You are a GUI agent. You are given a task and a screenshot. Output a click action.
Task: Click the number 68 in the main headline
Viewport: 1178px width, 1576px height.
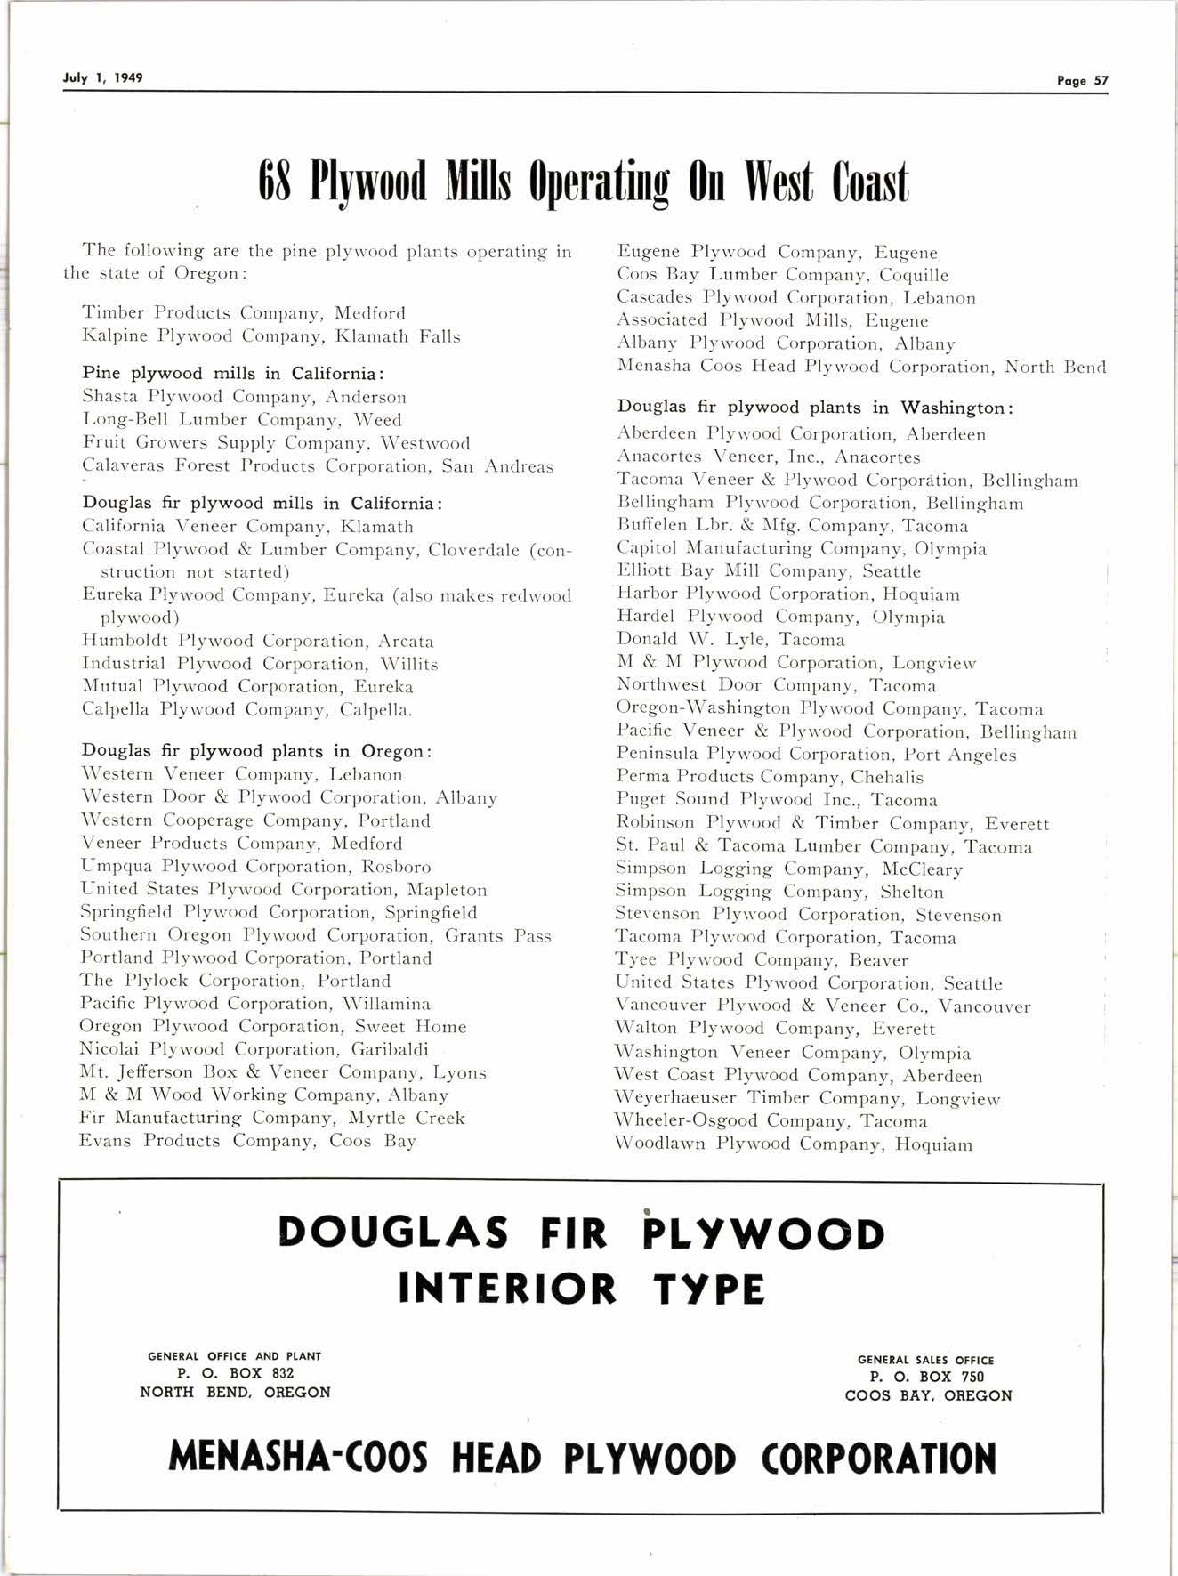click(275, 182)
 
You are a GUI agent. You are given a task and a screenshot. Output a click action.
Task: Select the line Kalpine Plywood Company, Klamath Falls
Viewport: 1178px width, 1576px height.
click(270, 336)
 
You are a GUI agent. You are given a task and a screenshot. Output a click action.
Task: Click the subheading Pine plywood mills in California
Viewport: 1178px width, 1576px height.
click(233, 373)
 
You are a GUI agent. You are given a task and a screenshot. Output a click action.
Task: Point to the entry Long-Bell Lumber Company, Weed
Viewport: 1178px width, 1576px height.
click(241, 420)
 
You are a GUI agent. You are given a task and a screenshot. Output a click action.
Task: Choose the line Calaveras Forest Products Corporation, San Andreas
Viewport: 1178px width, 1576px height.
click(317, 466)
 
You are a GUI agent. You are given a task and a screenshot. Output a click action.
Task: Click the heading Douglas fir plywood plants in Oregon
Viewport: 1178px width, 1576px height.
click(257, 751)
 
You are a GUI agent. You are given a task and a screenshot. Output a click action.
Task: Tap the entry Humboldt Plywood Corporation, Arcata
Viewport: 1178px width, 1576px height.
click(257, 641)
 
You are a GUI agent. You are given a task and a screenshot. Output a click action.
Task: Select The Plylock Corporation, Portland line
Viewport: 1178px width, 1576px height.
click(235, 981)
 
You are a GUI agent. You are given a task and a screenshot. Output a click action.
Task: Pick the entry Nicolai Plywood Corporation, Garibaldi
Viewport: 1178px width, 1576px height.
click(254, 1049)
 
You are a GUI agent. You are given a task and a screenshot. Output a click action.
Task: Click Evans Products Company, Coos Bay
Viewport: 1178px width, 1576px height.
click(247, 1141)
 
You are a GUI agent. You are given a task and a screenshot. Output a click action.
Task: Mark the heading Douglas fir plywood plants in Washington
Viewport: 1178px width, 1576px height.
click(815, 408)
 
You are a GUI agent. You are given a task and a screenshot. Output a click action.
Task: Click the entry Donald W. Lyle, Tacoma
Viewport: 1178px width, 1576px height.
click(730, 640)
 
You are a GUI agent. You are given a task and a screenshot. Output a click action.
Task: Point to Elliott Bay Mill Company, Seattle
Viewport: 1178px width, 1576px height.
click(768, 571)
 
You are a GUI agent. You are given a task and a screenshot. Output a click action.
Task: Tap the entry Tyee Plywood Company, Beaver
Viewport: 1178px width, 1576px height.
click(762, 960)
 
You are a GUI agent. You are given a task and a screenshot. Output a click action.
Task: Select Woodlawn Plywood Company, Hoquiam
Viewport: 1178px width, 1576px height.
click(794, 1144)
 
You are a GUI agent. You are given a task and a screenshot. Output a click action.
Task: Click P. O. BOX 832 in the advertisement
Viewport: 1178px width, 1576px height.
click(236, 1373)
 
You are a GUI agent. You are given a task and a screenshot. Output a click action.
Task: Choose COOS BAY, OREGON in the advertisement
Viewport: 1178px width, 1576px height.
click(928, 1395)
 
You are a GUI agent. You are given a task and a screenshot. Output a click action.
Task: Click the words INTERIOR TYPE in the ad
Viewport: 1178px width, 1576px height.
click(582, 1288)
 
